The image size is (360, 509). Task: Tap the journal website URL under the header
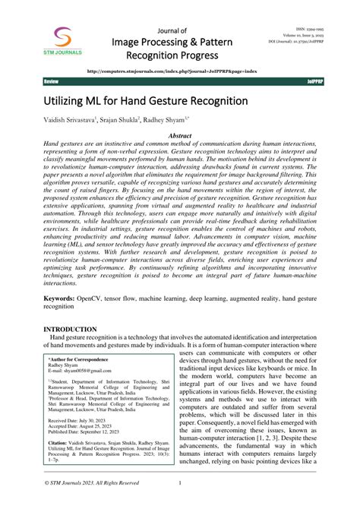point(181,70)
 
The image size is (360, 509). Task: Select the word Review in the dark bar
point(52,81)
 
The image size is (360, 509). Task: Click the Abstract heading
point(179,135)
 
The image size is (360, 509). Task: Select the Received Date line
point(83,420)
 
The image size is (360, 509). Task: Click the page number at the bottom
point(179,482)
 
